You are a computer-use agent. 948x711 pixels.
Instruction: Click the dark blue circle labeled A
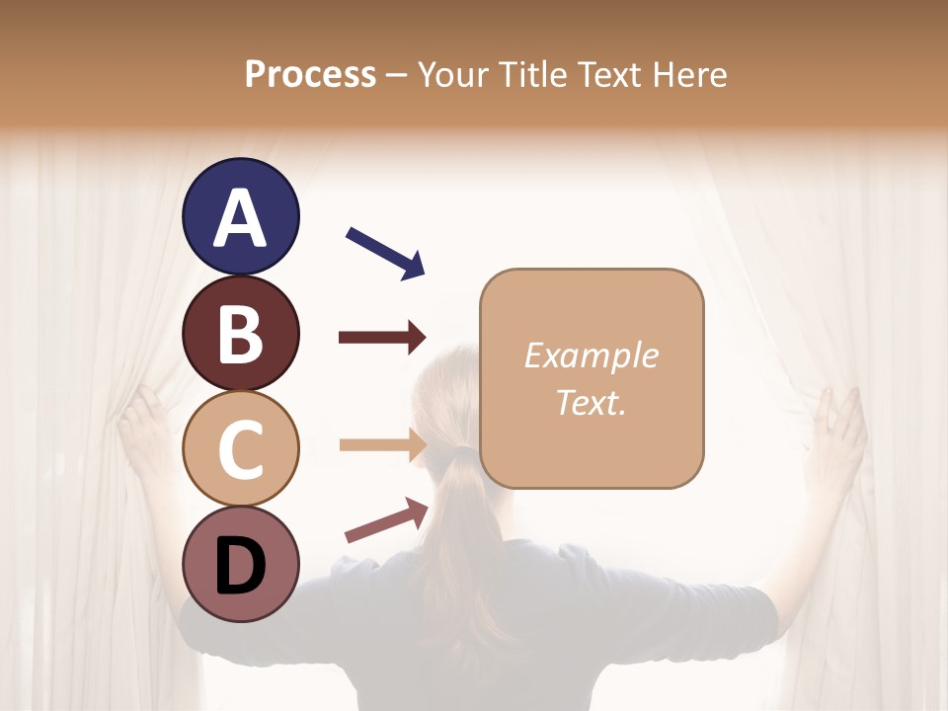point(240,216)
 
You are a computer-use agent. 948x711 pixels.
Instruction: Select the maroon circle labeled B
point(240,333)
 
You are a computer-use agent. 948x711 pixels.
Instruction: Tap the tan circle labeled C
point(240,448)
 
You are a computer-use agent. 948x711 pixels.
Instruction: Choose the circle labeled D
point(240,564)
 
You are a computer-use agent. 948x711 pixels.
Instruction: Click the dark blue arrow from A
point(385,253)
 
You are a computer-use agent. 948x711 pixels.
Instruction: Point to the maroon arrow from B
point(381,338)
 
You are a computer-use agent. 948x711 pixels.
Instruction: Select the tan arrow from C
point(381,445)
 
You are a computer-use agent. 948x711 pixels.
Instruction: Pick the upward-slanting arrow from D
point(386,520)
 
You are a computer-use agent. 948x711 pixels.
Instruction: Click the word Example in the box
point(591,355)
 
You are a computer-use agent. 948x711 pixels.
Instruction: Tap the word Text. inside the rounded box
point(591,402)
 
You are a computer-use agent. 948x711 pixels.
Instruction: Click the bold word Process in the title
point(310,74)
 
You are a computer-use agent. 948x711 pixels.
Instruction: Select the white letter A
point(240,218)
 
